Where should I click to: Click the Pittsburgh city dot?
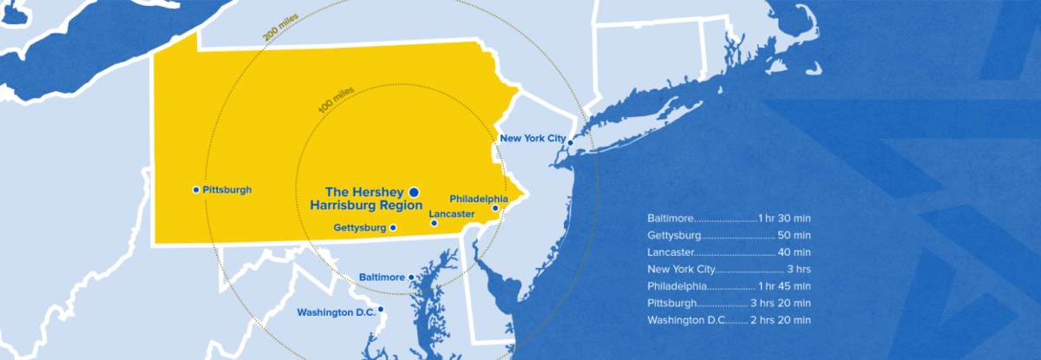pyautogui.click(x=196, y=189)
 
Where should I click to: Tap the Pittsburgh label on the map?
pyautogui.click(x=226, y=189)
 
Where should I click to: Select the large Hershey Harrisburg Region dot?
pyautogui.click(x=414, y=191)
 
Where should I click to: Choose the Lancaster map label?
pyautogui.click(x=452, y=213)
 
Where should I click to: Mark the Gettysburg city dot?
pyautogui.click(x=393, y=227)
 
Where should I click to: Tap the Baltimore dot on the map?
pyautogui.click(x=411, y=278)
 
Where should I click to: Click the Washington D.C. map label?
pyautogui.click(x=335, y=312)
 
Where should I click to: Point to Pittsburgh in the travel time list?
pyautogui.click(x=671, y=304)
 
